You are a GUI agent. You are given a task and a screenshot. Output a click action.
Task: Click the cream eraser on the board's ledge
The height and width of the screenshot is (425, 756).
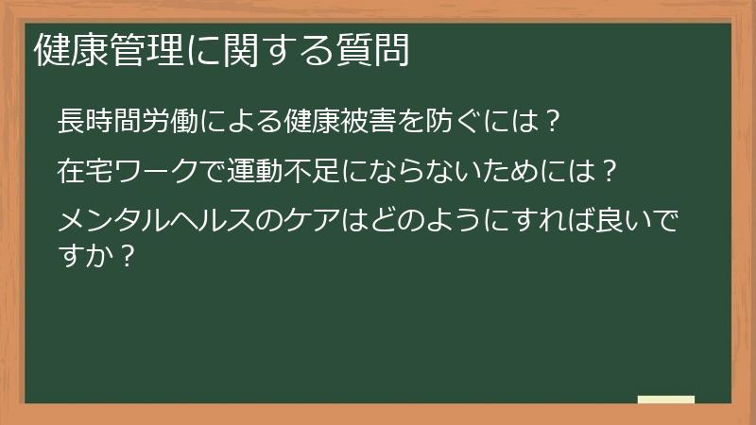click(x=666, y=399)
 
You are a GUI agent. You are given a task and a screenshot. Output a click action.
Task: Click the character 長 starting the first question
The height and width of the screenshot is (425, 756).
click(x=71, y=122)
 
